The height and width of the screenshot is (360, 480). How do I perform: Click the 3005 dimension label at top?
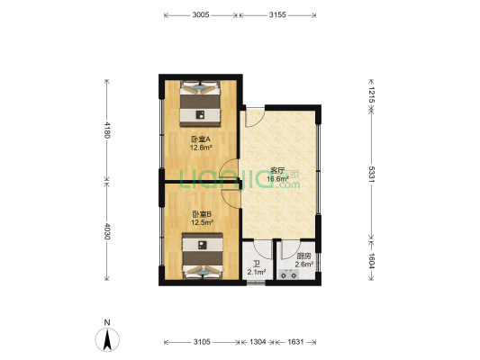tap(201, 15)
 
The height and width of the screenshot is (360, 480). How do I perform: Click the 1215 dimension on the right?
tap(370, 92)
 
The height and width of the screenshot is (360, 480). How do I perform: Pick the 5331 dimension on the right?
tap(370, 174)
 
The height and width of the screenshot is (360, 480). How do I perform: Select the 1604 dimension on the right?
tap(370, 260)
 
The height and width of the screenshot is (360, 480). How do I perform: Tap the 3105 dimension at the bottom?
tap(201, 343)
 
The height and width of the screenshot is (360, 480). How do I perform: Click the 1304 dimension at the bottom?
tap(258, 343)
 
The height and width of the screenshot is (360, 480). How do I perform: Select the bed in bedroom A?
tap(200, 103)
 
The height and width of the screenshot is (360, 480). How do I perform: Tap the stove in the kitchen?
tap(290, 275)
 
